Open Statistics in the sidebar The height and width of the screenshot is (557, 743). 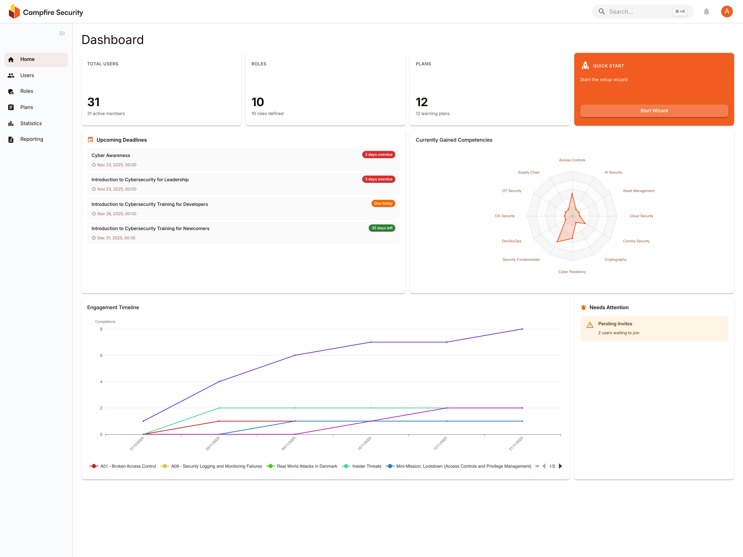pyautogui.click(x=31, y=123)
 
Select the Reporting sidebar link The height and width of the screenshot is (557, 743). pyautogui.click(x=32, y=139)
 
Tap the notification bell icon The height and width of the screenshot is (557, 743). pyautogui.click(x=706, y=12)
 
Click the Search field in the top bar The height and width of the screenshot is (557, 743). pyautogui.click(x=638, y=12)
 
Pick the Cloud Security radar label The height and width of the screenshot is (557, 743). pyautogui.click(x=641, y=216)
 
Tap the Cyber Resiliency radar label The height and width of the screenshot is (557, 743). pyautogui.click(x=572, y=272)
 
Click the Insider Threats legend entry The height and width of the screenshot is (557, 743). pyautogui.click(x=366, y=466)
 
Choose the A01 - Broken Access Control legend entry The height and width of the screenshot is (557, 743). pyautogui.click(x=128, y=466)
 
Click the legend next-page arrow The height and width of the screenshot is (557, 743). pyautogui.click(x=560, y=466)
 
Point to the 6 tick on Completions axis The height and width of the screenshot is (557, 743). pyautogui.click(x=101, y=355)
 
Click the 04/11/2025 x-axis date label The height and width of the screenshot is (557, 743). pyautogui.click(x=288, y=443)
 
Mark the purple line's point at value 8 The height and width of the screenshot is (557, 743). pyautogui.click(x=522, y=329)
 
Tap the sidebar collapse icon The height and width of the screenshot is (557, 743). pyautogui.click(x=62, y=34)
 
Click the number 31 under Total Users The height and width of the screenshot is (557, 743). pyautogui.click(x=93, y=102)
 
